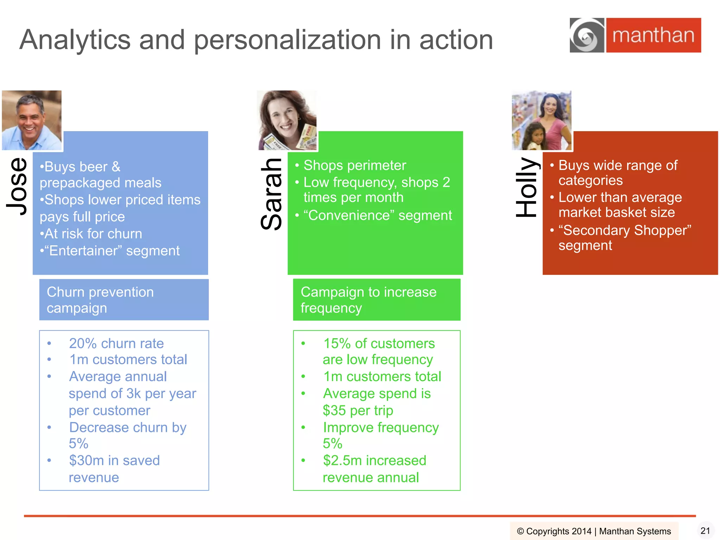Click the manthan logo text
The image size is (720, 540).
coord(653,36)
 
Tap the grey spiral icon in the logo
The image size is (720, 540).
coord(586,36)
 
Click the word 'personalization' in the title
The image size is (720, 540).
coord(288,40)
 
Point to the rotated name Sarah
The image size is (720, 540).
coord(272,194)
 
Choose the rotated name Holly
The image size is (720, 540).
coord(526,187)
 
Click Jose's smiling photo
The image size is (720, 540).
coord(32,120)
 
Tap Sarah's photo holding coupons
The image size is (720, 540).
coord(287,120)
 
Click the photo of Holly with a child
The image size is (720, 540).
coord(541,120)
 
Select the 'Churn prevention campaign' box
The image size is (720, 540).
coord(124,300)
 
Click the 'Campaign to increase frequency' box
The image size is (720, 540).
coord(377,300)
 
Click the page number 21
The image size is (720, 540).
coord(705,531)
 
